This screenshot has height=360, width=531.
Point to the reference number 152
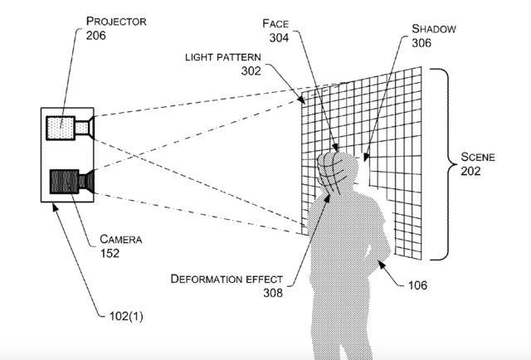point(110,253)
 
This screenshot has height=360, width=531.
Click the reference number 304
point(278,37)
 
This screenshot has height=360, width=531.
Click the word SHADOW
point(434,29)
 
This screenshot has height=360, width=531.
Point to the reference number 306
point(423,44)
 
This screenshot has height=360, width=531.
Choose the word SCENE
point(480,155)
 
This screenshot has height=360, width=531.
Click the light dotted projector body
point(61,129)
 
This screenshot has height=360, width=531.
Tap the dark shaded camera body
point(64,181)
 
